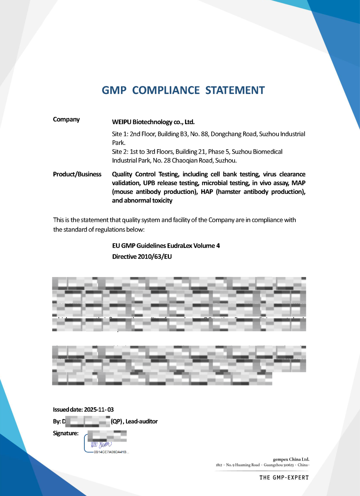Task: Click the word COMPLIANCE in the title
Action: point(166,90)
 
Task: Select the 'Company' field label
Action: point(66,119)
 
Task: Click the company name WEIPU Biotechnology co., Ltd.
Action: point(153,122)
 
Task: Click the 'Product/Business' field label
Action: point(77,174)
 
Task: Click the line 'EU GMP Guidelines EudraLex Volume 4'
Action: point(166,246)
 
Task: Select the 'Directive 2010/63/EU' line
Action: point(142,257)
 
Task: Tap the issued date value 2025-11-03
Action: point(99,410)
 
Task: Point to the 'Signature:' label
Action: point(66,433)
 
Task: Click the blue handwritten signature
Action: point(101,444)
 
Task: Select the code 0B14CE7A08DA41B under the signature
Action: point(110,452)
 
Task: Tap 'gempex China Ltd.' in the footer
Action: point(291,459)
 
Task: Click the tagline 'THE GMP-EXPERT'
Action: point(284,477)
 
